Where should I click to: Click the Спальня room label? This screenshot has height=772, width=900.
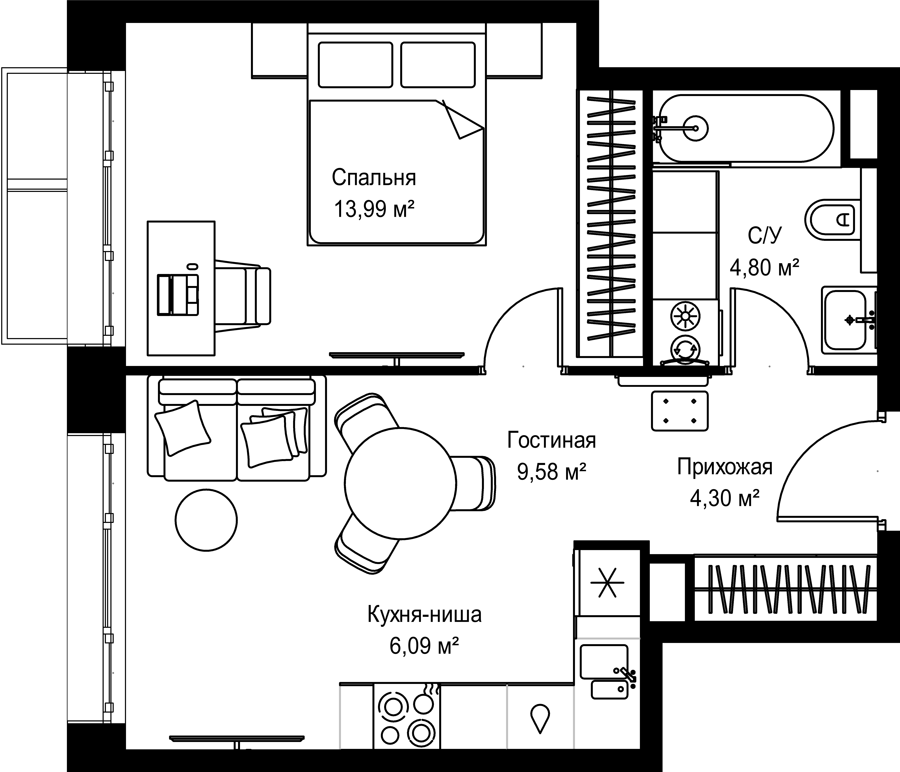373,178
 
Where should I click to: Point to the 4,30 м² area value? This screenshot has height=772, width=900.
724,498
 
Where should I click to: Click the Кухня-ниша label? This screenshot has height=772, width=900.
424,615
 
